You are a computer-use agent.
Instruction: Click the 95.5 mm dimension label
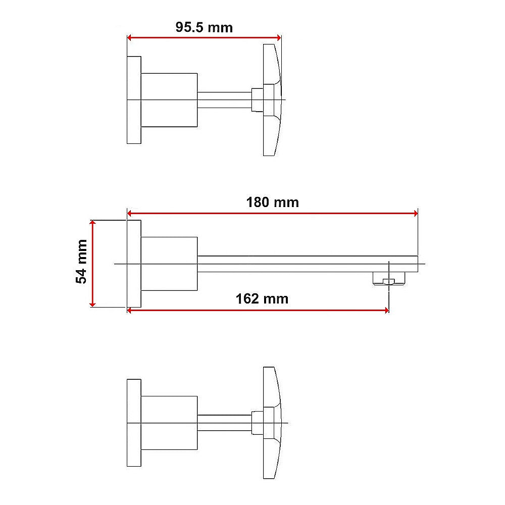coord(204,27)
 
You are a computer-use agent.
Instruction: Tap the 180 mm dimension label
coord(272,203)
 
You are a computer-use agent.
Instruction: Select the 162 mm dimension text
coord(262,298)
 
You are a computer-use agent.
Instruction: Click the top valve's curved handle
coord(271,99)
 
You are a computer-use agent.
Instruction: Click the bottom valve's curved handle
coord(271,422)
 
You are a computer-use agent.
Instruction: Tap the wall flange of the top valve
coord(134,99)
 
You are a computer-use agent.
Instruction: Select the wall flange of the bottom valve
coord(134,422)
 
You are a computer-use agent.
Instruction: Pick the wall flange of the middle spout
coord(134,264)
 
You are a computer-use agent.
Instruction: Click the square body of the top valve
coord(169,99)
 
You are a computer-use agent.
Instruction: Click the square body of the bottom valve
coord(169,422)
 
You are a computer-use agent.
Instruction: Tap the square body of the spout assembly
coord(169,264)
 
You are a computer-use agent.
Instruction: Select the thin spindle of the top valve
coord(224,99)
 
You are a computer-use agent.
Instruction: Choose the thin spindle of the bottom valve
coord(224,422)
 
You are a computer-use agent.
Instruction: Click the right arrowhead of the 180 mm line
coord(415,214)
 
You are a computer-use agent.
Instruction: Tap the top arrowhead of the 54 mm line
coord(92,224)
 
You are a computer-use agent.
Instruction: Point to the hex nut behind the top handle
coord(257,99)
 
